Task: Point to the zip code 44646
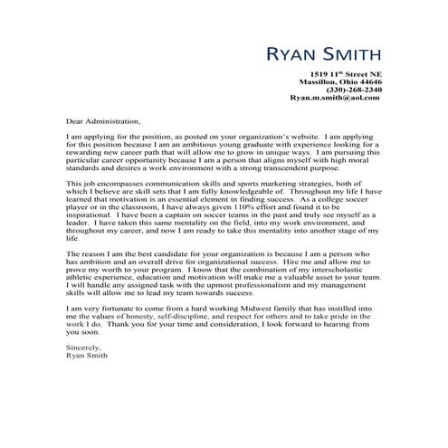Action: [x=364, y=81]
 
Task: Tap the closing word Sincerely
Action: [x=84, y=348]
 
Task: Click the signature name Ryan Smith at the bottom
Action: [x=88, y=357]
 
